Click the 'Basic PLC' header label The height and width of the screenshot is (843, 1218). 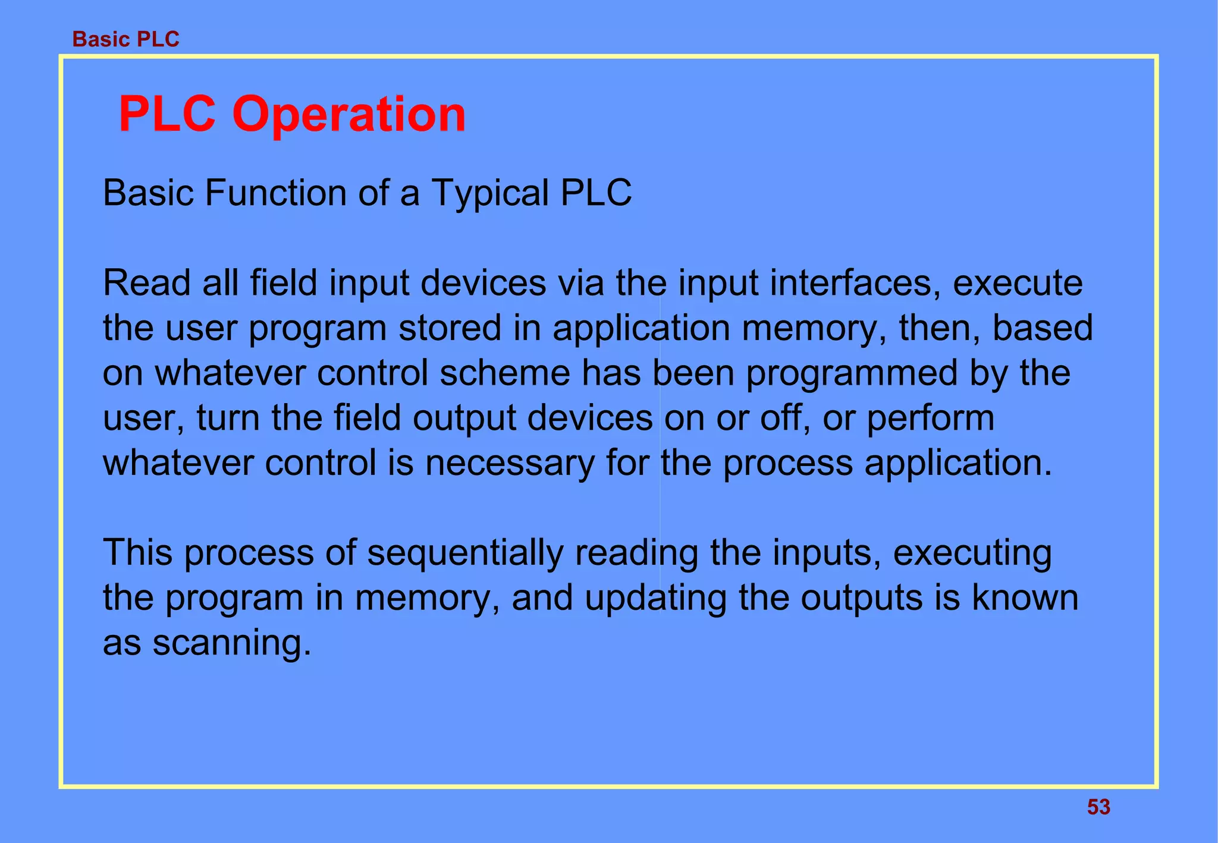[x=125, y=39]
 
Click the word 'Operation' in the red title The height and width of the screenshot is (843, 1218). [x=349, y=114]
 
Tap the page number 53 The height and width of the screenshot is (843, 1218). [x=1098, y=807]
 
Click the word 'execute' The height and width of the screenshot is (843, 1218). [x=1018, y=283]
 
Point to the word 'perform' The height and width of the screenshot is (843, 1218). [x=930, y=419]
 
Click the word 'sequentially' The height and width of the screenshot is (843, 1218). [x=464, y=553]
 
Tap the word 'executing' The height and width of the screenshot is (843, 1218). [x=972, y=553]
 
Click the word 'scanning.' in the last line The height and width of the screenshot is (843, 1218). [x=232, y=643]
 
